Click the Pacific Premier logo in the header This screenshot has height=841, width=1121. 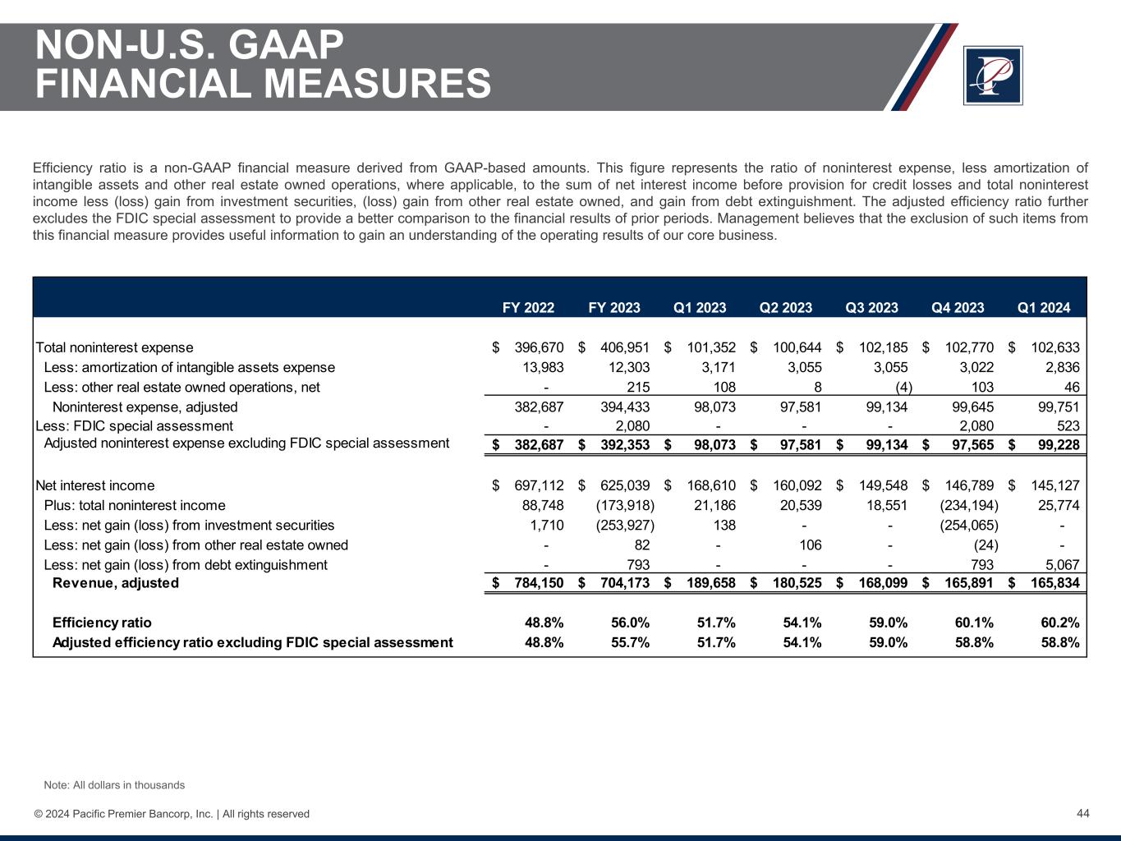coord(993,76)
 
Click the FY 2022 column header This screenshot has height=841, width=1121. coord(528,308)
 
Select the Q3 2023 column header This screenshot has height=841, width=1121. coord(871,308)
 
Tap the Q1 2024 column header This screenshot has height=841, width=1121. coord(1044,308)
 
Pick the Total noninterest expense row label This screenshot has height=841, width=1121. coord(115,347)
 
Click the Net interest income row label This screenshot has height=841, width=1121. coord(95,485)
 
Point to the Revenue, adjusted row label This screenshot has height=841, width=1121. coord(115,583)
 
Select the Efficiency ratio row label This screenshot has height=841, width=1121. coord(102,623)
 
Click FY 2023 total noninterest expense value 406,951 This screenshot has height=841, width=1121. coord(625,347)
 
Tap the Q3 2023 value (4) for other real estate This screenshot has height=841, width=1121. coord(900,387)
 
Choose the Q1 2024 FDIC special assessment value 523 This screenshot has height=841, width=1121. coord(1068,425)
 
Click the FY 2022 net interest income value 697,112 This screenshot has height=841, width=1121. coord(539,485)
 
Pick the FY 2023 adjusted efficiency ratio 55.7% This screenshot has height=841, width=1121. coord(630,642)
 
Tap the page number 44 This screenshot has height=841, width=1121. coord(1082,813)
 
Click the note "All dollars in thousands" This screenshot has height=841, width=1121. coord(114,785)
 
